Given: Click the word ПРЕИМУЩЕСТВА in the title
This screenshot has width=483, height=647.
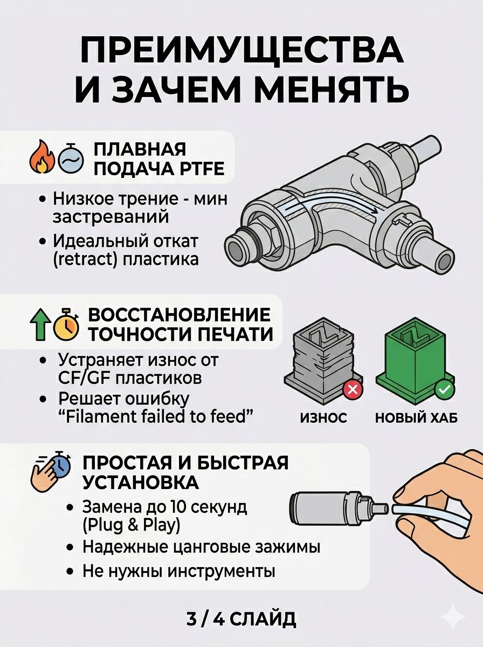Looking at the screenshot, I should pyautogui.click(x=241, y=50).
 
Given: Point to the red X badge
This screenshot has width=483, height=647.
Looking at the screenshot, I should pyautogui.click(x=353, y=389).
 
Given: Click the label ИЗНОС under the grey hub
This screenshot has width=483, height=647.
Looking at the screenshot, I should pyautogui.click(x=323, y=418).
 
